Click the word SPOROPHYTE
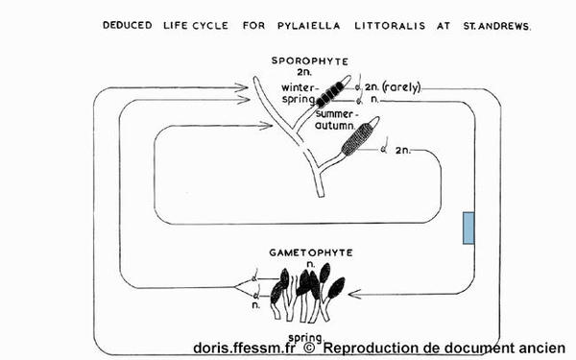point(310,61)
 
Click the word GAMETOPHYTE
point(311,252)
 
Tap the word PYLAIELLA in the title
point(309,26)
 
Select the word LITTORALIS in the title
point(390,26)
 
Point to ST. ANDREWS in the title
point(497,27)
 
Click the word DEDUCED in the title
point(127,25)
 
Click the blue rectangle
point(468,228)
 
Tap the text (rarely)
point(401,87)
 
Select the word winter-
point(299,88)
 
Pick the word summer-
point(334,114)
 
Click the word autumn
point(335,126)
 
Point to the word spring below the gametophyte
point(305,338)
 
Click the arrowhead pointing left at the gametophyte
point(354,294)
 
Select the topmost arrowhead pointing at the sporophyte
point(241,87)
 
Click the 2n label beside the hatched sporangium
point(403,151)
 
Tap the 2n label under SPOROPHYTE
point(304,72)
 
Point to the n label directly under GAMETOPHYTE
point(311,264)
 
